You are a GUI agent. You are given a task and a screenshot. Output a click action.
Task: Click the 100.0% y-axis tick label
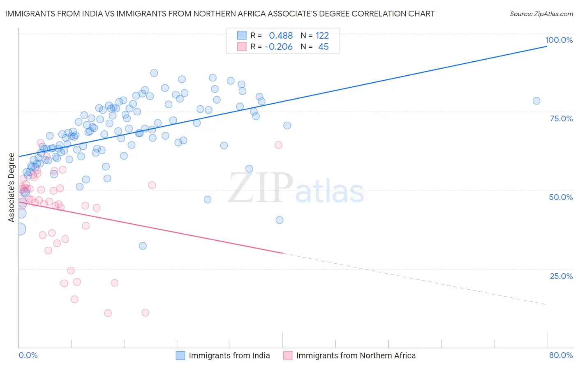559,40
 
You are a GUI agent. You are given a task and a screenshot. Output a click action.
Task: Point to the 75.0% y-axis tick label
561,118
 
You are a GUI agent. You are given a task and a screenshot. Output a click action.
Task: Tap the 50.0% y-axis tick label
561,197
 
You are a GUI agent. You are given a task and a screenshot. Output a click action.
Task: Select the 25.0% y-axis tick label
561,276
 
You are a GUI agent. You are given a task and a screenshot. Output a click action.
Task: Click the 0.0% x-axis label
28,355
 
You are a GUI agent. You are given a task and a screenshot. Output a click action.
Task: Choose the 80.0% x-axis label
561,355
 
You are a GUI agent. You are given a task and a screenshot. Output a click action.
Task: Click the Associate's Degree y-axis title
12,188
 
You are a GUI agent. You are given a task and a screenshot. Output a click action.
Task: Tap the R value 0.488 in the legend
281,35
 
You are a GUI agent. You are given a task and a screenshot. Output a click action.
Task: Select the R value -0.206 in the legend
279,47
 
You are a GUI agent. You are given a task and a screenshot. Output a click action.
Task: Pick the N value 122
322,35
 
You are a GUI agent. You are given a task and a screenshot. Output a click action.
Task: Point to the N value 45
324,47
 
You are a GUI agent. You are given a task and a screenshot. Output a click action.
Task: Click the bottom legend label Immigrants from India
229,355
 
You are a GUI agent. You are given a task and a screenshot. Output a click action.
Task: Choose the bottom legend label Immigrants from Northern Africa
356,355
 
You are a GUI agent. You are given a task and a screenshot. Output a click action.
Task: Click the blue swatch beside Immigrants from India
180,355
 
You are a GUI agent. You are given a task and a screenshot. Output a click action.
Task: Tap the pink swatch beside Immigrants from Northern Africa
288,355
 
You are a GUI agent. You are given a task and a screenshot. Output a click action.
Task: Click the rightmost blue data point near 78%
536,101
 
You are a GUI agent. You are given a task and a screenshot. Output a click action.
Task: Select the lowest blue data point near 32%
143,246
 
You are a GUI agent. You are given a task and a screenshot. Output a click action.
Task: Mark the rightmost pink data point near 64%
278,145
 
